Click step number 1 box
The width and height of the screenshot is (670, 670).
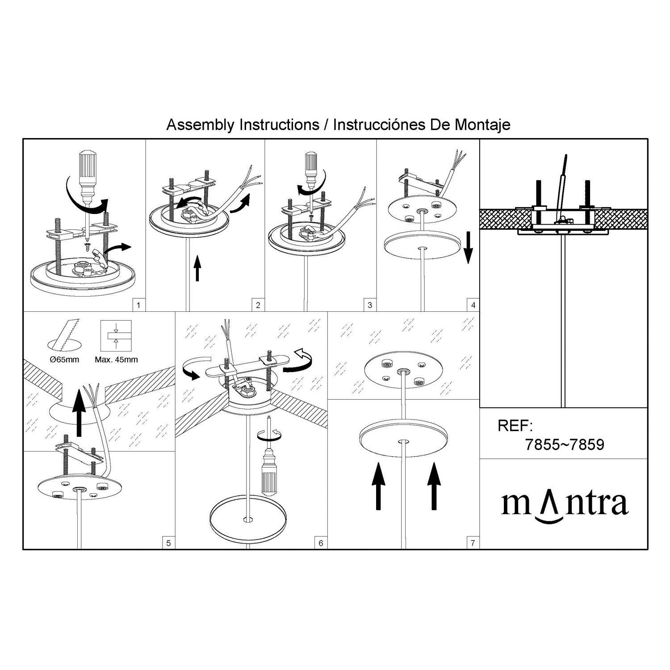139,306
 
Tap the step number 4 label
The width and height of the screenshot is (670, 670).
473,306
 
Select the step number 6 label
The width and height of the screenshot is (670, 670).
320,543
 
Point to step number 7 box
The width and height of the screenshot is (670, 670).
473,543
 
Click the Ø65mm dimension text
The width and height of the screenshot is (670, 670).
65,360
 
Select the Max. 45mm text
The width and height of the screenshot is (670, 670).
116,360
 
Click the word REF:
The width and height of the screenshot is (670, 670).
515,426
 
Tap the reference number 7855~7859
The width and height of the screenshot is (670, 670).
565,445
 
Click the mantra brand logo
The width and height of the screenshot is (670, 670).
565,505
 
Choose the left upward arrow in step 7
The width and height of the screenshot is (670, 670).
378,486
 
